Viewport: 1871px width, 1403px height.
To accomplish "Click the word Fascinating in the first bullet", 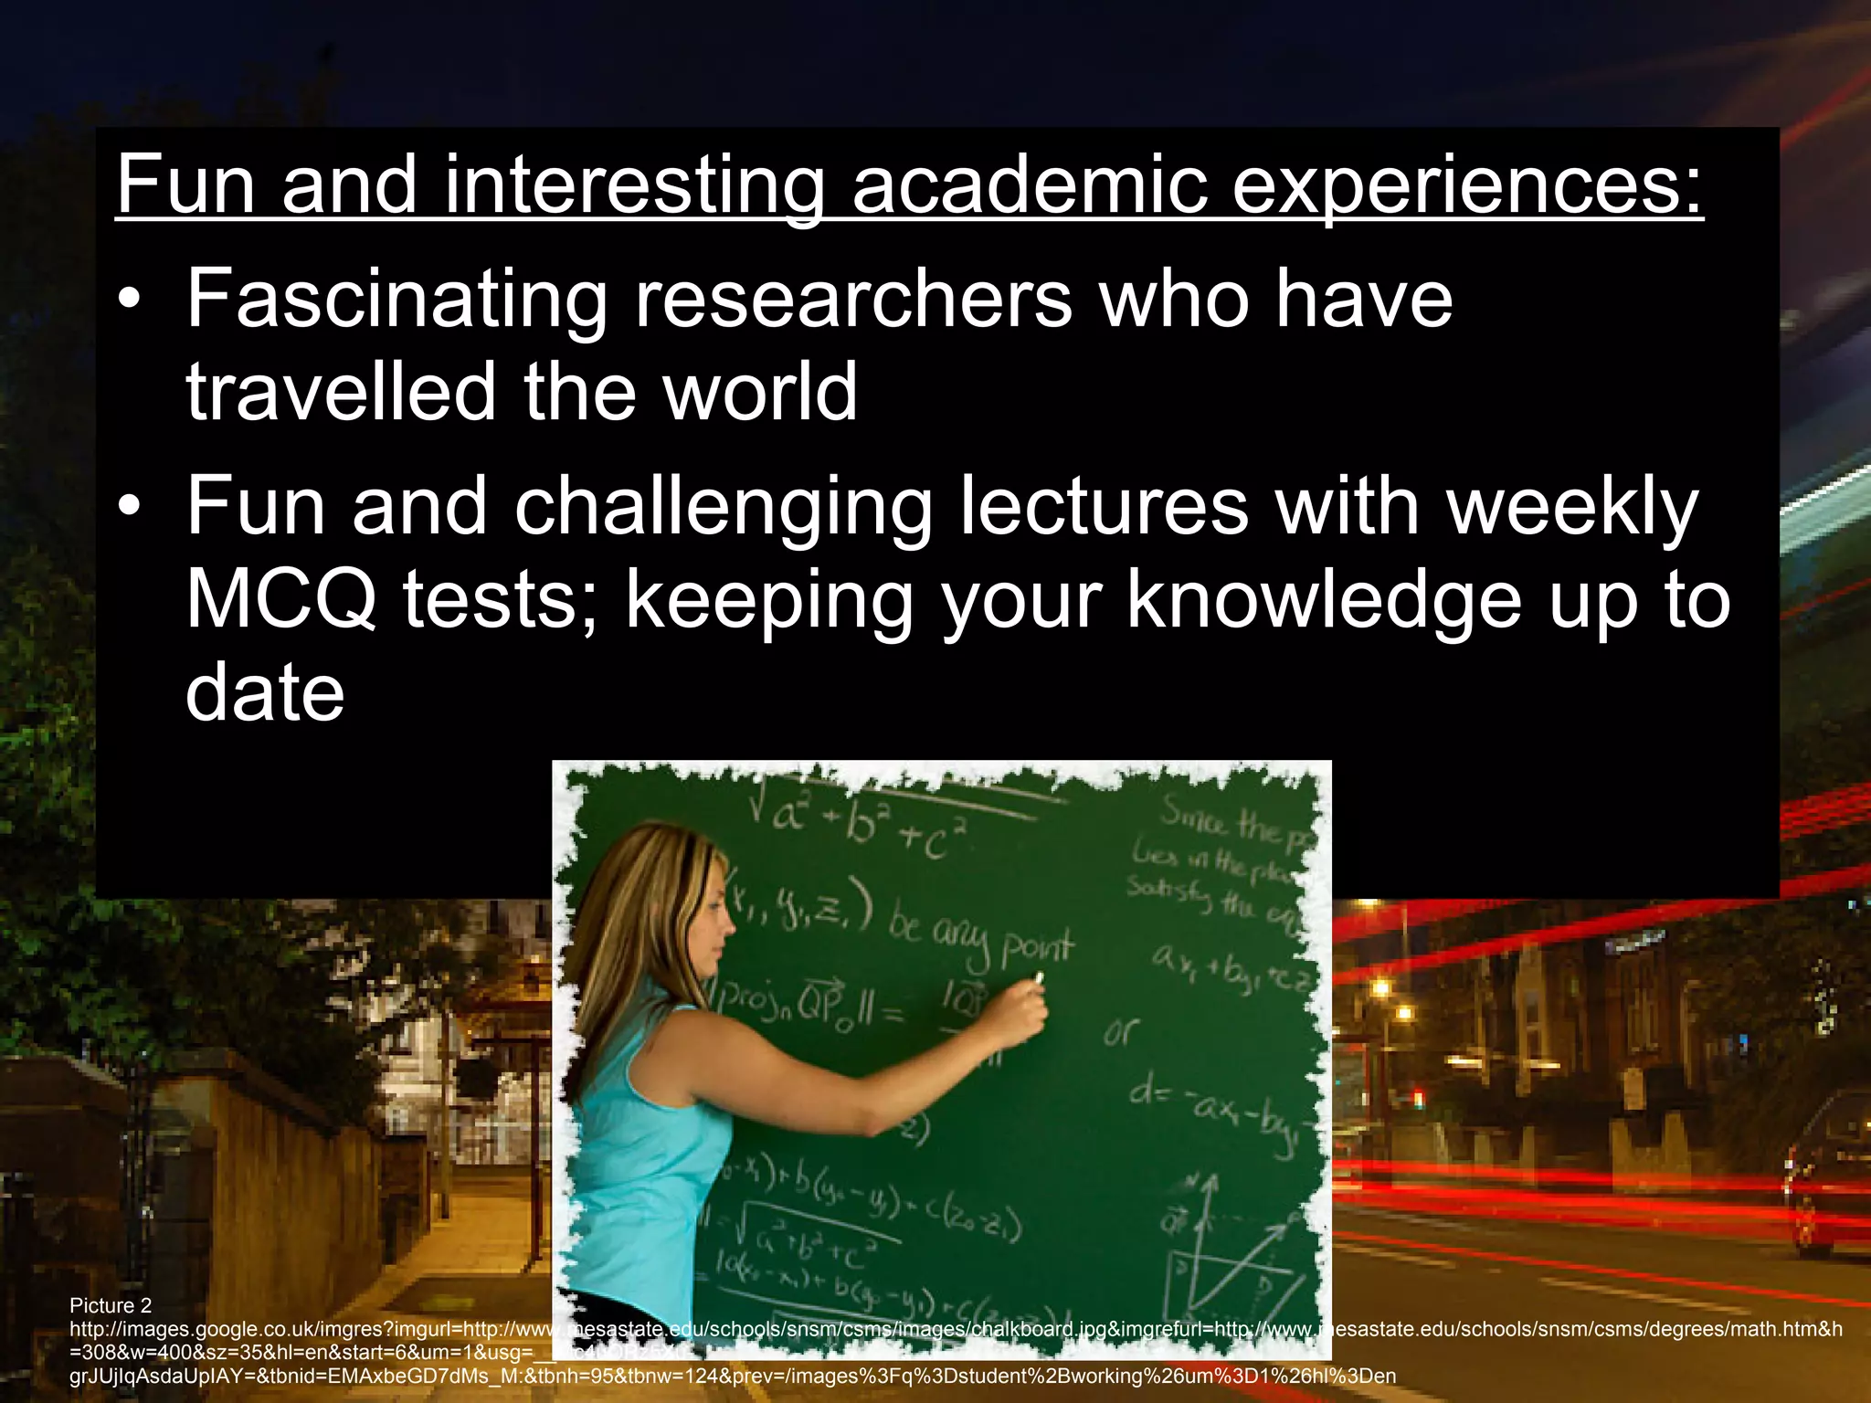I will (396, 300).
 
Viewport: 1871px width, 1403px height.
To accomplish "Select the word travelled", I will (341, 393).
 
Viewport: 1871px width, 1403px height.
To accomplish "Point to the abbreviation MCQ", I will (280, 600).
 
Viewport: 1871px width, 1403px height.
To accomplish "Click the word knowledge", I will (1324, 600).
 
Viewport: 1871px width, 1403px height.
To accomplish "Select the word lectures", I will (1103, 507).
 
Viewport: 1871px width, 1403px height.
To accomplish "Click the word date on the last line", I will (265, 692).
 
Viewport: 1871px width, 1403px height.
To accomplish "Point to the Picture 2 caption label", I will (111, 1305).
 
